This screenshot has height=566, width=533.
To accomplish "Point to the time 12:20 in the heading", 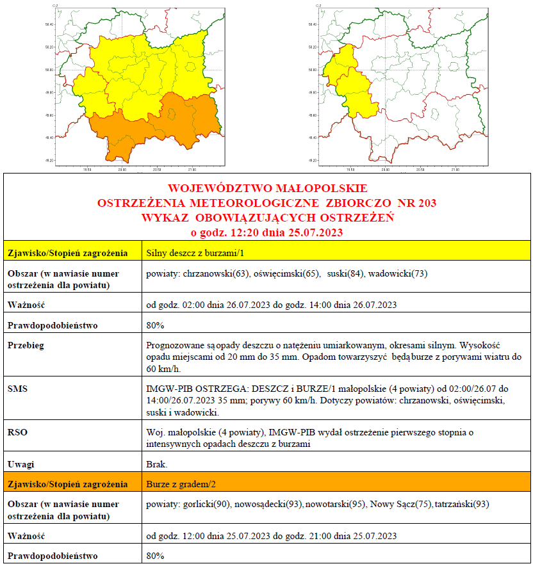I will point(245,232).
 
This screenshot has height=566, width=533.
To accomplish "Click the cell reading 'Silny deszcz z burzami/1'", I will point(186,252).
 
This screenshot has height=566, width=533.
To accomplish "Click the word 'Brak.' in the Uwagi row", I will point(158,464).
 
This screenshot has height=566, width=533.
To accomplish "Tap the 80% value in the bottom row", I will point(156,555).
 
